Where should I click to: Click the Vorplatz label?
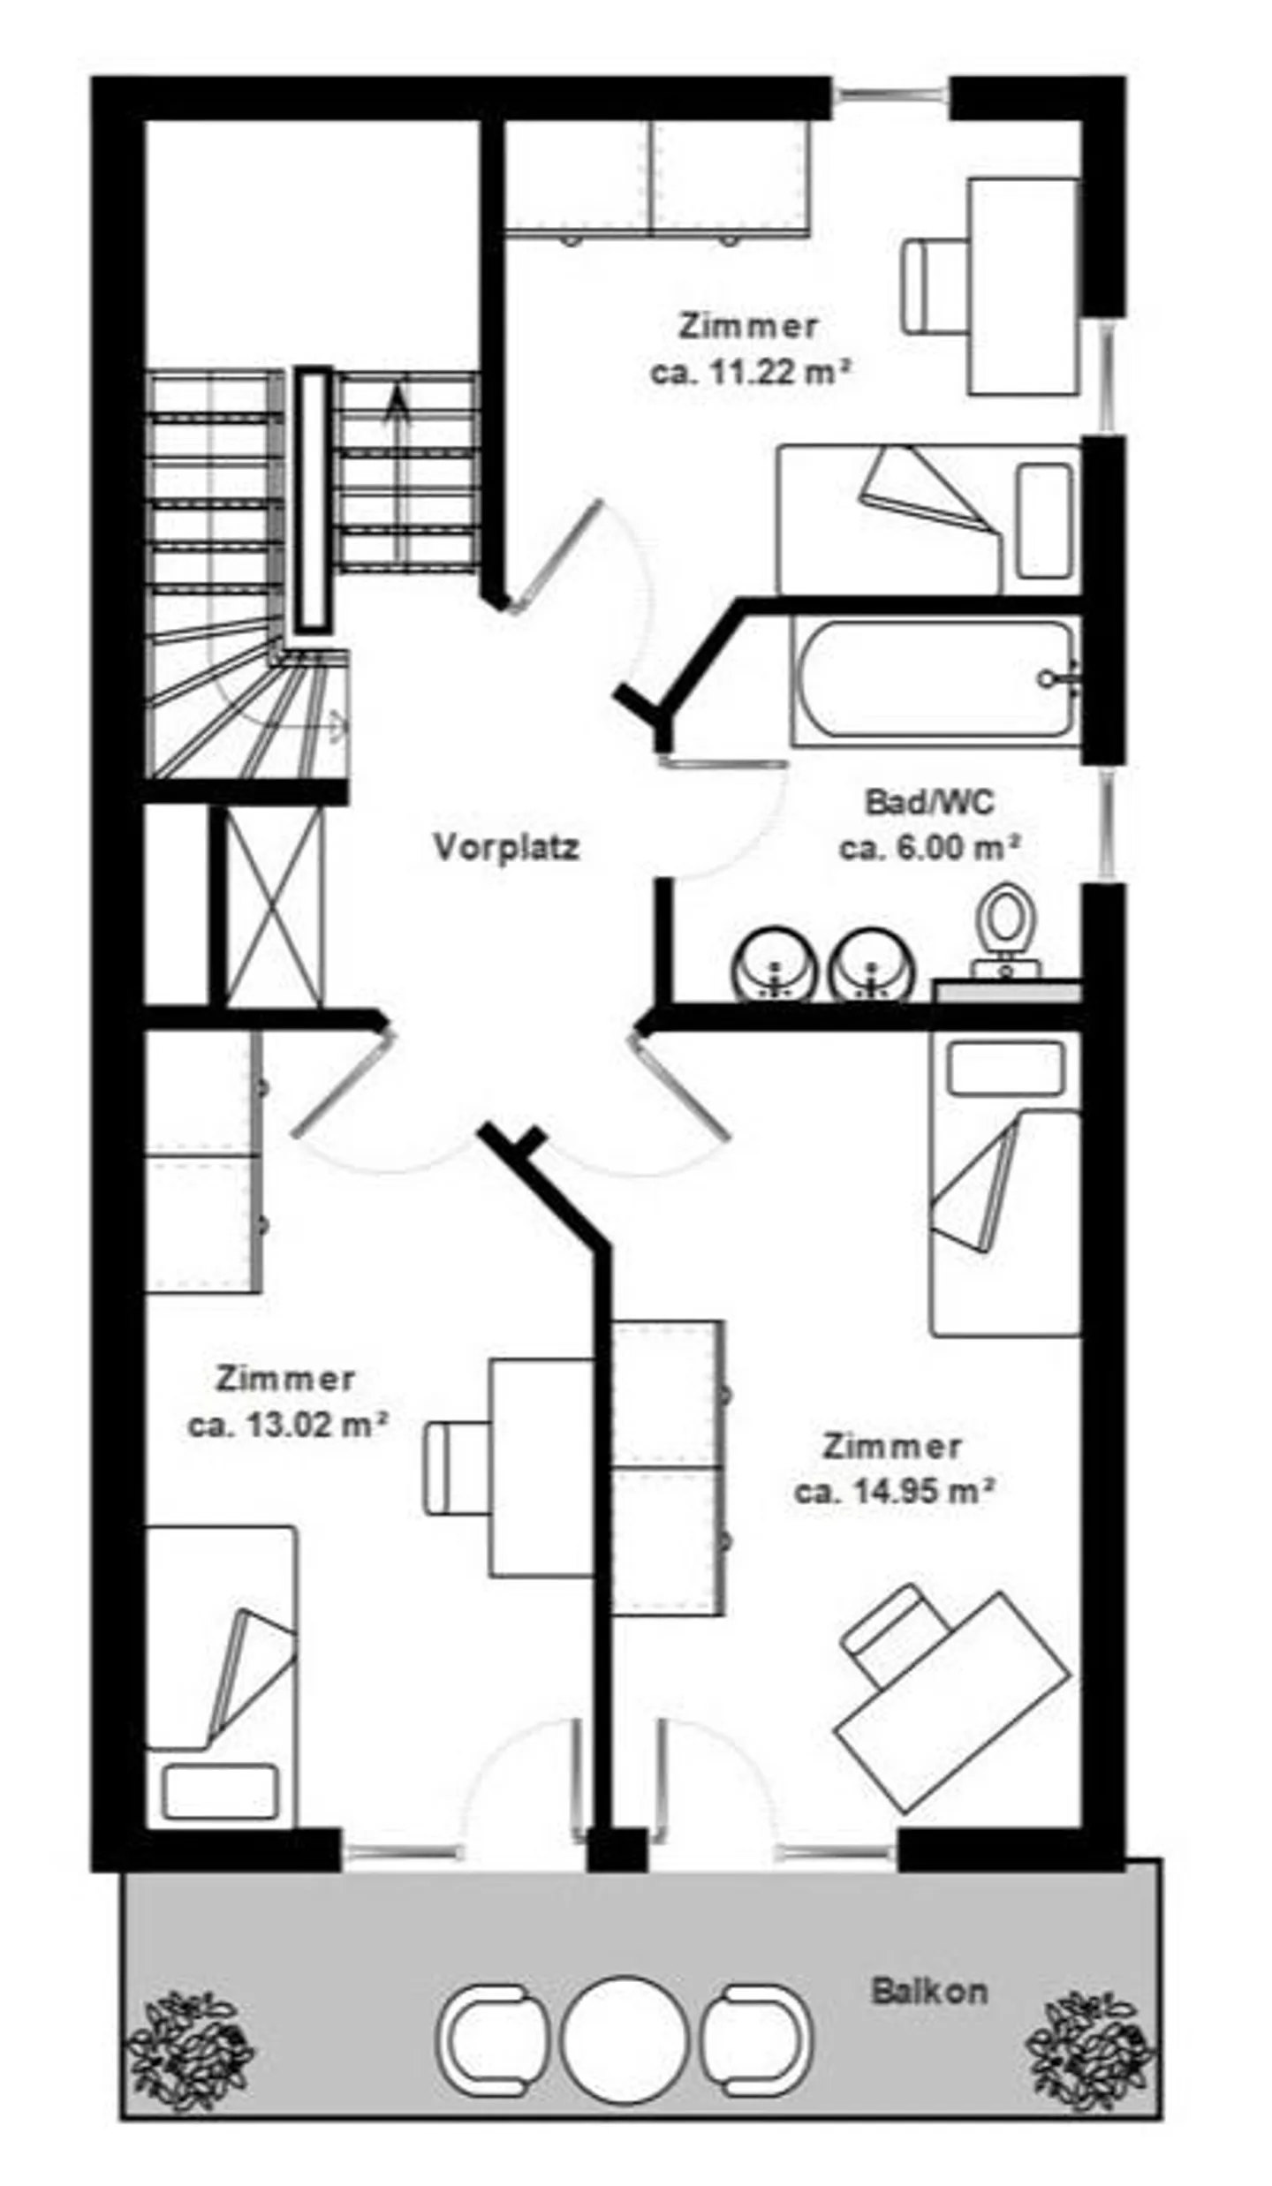click(x=506, y=848)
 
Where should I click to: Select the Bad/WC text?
click(x=929, y=802)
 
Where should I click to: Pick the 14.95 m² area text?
click(x=894, y=1492)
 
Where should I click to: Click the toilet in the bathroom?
click(x=1007, y=931)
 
